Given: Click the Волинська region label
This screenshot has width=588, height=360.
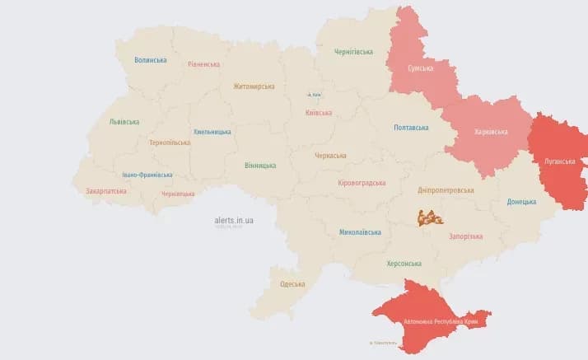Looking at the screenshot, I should click(x=151, y=60).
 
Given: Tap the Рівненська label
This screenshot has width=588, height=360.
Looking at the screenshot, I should click(x=203, y=64).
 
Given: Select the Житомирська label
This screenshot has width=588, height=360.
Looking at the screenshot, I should click(x=254, y=86).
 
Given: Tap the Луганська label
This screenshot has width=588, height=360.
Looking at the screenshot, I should click(x=559, y=161).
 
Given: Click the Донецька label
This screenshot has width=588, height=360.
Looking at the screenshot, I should click(x=521, y=201).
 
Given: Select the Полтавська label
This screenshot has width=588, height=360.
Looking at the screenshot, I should click(x=411, y=128).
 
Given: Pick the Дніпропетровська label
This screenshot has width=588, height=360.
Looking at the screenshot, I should click(x=446, y=189).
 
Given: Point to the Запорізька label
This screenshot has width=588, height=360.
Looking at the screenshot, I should click(x=465, y=236).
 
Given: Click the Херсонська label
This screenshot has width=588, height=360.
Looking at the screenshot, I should click(x=404, y=264).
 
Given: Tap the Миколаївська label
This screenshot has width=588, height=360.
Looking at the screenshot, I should click(x=360, y=232).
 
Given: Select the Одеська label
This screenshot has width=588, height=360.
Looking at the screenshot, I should click(x=292, y=284).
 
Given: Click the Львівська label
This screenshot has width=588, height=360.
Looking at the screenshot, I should click(x=124, y=122).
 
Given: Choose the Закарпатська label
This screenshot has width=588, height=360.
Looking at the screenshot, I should click(x=106, y=191).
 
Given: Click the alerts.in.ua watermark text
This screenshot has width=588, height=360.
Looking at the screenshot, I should click(x=234, y=221).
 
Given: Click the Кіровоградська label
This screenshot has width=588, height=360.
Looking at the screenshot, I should click(x=362, y=183).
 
